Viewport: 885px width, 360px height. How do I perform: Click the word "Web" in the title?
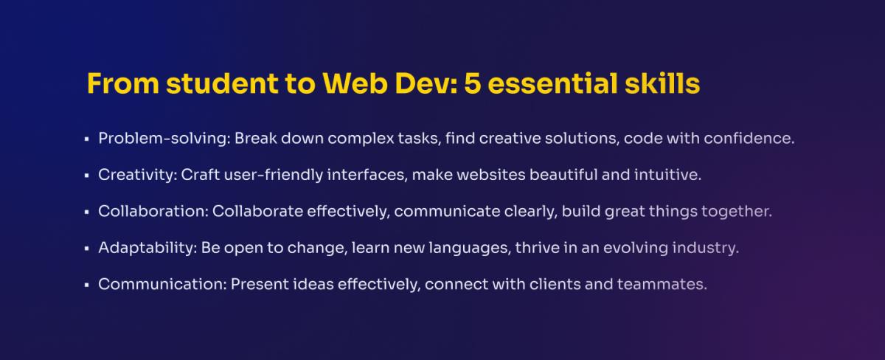point(355,83)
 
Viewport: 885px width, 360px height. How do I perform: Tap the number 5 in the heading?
point(472,83)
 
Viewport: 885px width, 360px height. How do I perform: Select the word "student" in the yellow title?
point(222,83)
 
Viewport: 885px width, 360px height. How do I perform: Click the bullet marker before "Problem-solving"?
point(86,139)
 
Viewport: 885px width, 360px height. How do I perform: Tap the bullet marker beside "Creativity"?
point(86,176)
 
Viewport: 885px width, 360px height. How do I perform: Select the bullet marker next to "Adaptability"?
point(86,249)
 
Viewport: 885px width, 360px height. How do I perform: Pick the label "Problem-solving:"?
point(164,139)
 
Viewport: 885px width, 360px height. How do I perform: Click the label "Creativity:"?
point(138,175)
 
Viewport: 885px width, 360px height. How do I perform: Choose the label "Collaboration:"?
point(153,212)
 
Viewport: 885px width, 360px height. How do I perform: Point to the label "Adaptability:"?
point(147,248)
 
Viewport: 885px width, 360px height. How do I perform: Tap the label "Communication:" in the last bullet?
point(162,284)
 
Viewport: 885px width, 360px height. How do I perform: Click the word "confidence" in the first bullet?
point(746,138)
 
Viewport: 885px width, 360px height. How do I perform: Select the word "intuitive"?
point(665,175)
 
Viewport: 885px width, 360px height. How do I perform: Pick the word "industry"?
point(704,248)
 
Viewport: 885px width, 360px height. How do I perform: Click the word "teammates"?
point(660,284)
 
